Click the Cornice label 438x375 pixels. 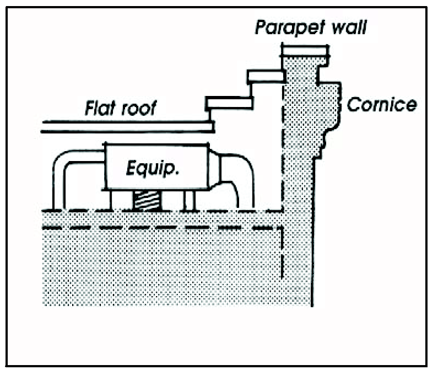click(381, 104)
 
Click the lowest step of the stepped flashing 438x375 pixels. click(229, 103)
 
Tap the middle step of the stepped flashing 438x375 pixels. click(265, 76)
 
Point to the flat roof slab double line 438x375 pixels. click(127, 127)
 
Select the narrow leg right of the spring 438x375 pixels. click(189, 201)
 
